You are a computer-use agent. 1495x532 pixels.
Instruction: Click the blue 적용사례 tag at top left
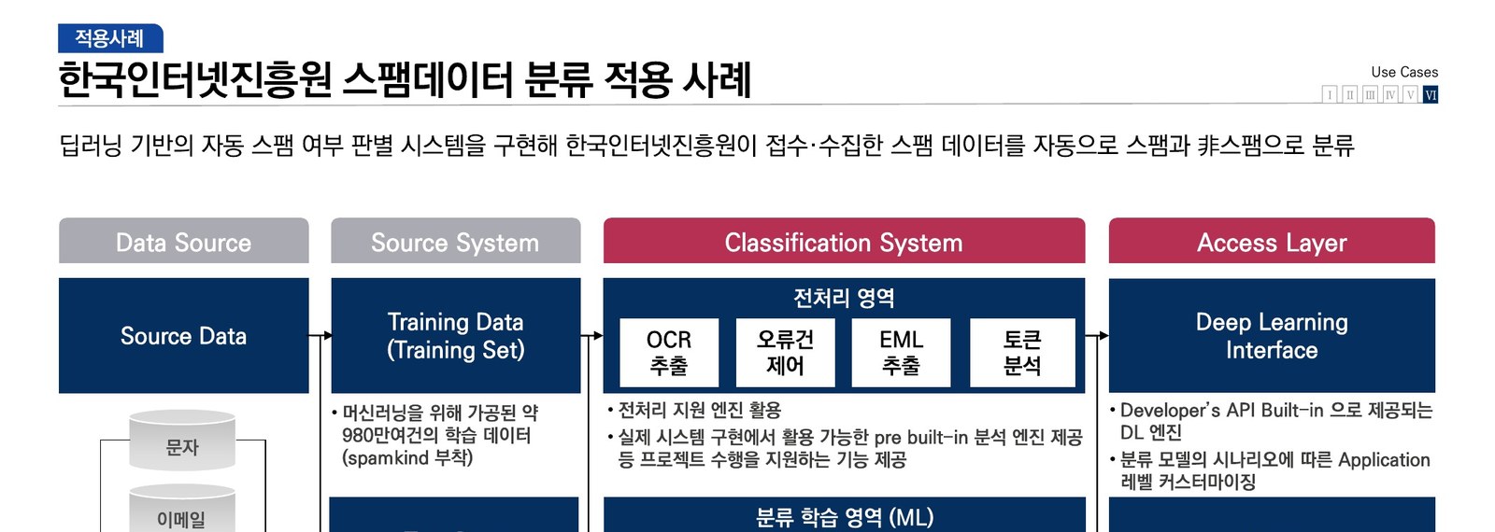click(110, 38)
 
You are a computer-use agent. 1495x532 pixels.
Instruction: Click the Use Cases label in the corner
click(1403, 72)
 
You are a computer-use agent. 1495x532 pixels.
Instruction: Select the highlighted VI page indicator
click(1430, 94)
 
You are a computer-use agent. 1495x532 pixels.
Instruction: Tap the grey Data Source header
click(183, 242)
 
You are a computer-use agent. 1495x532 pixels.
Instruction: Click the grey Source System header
click(455, 242)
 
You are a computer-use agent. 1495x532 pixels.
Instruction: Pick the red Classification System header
click(843, 242)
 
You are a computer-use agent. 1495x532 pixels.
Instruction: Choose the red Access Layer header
click(1271, 242)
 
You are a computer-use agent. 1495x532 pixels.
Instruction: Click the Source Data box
click(183, 336)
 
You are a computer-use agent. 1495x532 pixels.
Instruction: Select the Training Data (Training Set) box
click(455, 336)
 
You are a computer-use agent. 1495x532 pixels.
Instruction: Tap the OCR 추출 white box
click(669, 353)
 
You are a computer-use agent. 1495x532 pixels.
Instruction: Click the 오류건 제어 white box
click(785, 353)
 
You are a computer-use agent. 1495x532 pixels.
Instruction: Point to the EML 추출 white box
click(901, 353)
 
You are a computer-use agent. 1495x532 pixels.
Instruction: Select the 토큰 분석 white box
click(1022, 353)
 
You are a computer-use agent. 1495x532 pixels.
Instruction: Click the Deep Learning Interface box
click(1271, 336)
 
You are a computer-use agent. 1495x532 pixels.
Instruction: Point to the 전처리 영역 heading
click(843, 298)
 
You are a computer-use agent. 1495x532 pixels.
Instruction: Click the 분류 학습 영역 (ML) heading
click(843, 517)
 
